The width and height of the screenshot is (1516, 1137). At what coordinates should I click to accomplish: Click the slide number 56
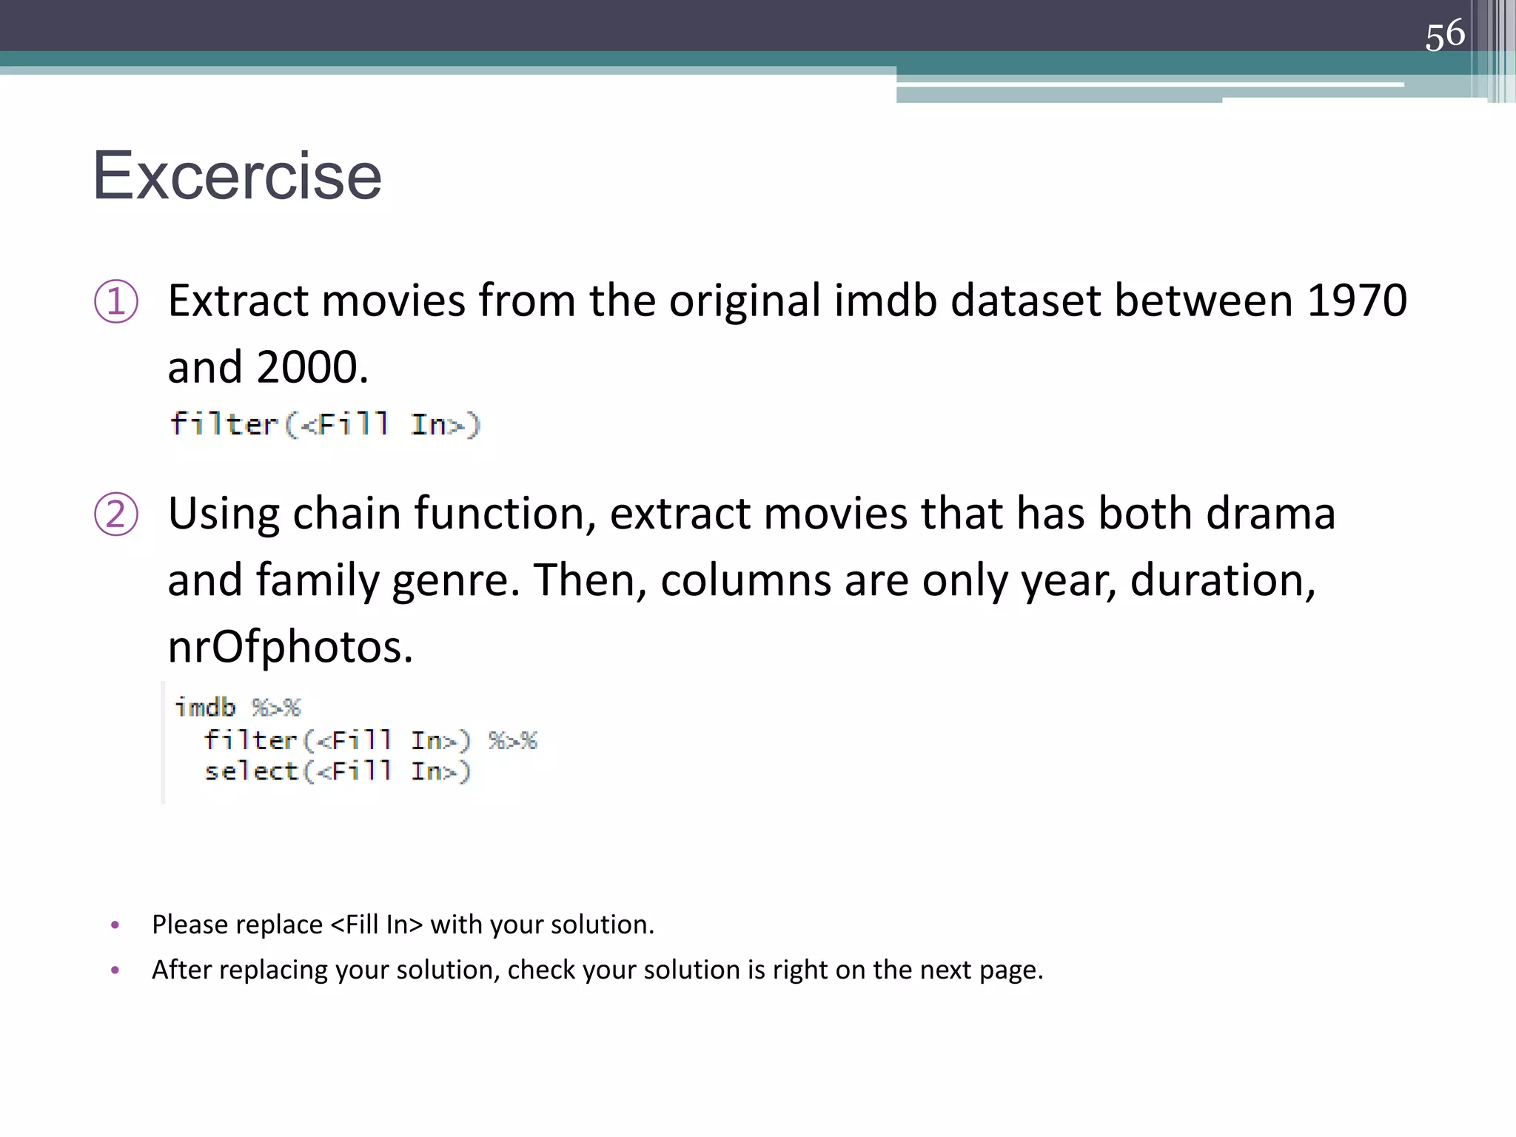tap(1444, 35)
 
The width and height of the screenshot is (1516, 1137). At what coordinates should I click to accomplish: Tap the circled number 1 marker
tap(116, 301)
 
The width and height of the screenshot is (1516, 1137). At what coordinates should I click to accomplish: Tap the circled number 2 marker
tap(116, 514)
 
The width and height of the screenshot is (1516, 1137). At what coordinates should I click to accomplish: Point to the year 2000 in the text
tap(308, 367)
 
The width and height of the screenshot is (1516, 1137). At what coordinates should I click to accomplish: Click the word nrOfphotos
tap(289, 647)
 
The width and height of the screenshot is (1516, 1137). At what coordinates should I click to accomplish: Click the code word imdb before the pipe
tap(205, 708)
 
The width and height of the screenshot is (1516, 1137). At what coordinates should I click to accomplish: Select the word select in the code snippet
tap(251, 771)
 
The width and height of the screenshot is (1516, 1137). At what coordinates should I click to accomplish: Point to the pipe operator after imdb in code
tap(276, 708)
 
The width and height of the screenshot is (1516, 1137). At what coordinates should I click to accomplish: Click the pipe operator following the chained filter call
tap(513, 740)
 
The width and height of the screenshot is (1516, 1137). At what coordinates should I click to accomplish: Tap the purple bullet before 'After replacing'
tap(115, 970)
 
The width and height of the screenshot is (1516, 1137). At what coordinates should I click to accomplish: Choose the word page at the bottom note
tap(1010, 970)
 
